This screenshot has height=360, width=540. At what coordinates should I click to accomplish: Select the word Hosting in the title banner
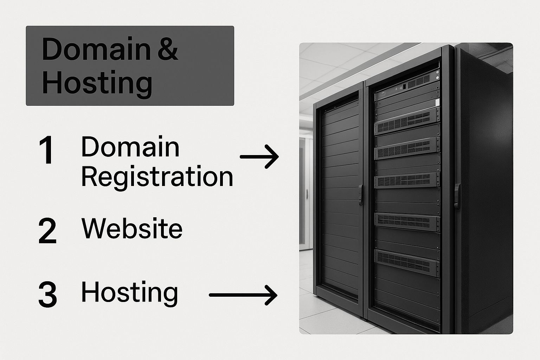97,84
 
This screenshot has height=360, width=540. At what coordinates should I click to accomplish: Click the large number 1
47,150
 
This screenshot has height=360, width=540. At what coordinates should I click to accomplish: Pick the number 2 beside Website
47,231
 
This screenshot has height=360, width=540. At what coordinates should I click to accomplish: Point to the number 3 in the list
48,294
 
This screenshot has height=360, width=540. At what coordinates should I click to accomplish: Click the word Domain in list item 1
130,147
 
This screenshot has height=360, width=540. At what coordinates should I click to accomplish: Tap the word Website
132,228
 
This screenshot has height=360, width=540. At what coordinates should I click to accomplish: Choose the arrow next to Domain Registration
259,156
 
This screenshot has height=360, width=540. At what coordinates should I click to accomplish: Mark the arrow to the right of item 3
243,295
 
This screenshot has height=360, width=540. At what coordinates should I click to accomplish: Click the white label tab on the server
437,102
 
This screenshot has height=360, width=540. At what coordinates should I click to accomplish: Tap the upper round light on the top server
437,72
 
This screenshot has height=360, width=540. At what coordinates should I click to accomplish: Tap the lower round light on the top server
437,78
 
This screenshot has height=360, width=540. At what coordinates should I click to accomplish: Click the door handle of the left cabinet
360,195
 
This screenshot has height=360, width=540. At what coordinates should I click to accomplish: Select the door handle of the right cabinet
457,195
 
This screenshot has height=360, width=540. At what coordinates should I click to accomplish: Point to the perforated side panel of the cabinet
484,188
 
